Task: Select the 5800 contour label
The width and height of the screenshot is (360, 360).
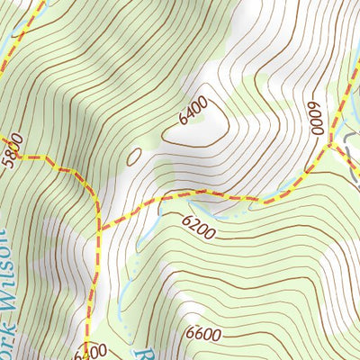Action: pyautogui.click(x=9, y=154)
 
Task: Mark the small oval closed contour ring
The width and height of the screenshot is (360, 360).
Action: pyautogui.click(x=134, y=157)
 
